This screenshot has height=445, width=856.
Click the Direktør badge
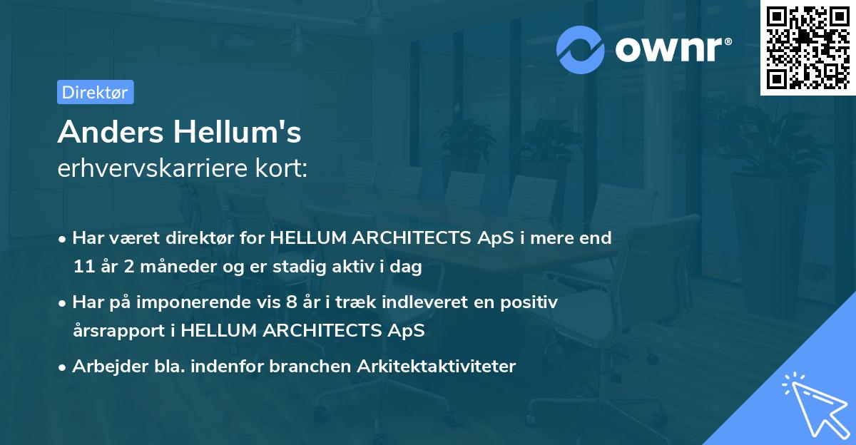tap(95, 92)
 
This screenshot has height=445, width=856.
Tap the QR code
tap(807, 47)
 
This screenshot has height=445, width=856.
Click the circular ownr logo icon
tap(581, 49)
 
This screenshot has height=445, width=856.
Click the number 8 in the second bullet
tap(291, 302)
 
